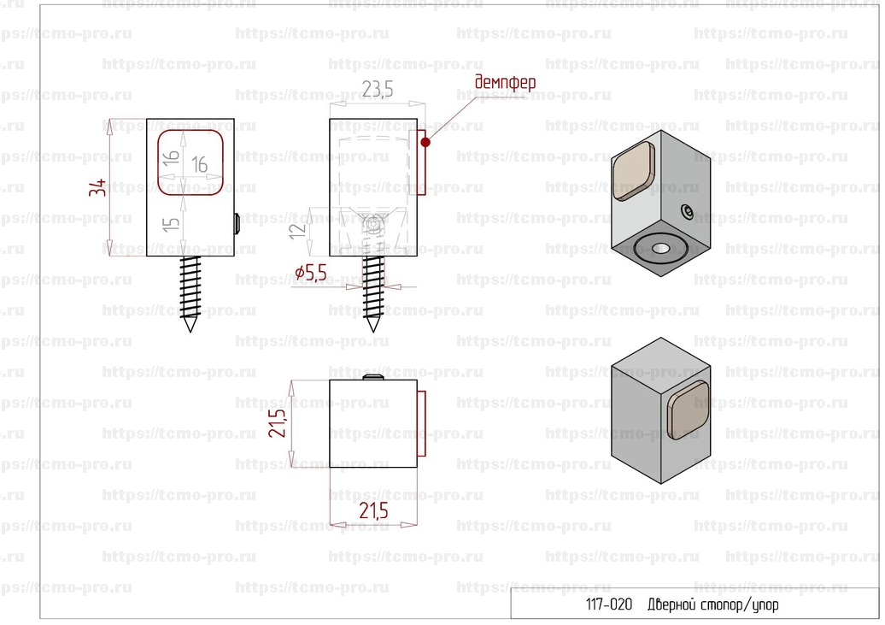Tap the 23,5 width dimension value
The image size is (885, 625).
(x=376, y=89)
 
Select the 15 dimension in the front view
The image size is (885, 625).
(x=172, y=224)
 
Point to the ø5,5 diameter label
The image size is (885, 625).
(x=311, y=274)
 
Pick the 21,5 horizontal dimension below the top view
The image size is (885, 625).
(x=373, y=511)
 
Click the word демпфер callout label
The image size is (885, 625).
(x=505, y=82)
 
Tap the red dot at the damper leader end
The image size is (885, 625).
(x=424, y=141)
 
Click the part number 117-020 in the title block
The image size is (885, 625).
(x=608, y=604)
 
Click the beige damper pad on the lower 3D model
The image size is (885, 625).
(x=689, y=411)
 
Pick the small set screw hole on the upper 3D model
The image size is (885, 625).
(x=688, y=210)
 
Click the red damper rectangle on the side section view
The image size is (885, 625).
(x=421, y=163)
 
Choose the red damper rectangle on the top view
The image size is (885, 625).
(x=421, y=423)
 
